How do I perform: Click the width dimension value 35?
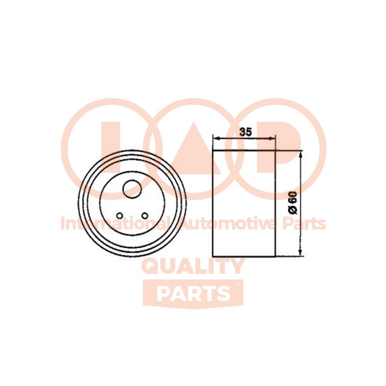[246, 132]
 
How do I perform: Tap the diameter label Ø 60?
[292, 203]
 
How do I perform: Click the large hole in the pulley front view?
[131, 188]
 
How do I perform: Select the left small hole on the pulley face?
[120, 215]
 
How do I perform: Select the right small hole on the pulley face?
[144, 215]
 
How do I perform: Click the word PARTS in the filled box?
[193, 293]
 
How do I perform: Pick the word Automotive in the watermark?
[229, 224]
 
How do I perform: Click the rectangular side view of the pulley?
[244, 203]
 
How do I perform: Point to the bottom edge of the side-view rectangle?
[244, 256]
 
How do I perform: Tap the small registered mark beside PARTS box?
[238, 284]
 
